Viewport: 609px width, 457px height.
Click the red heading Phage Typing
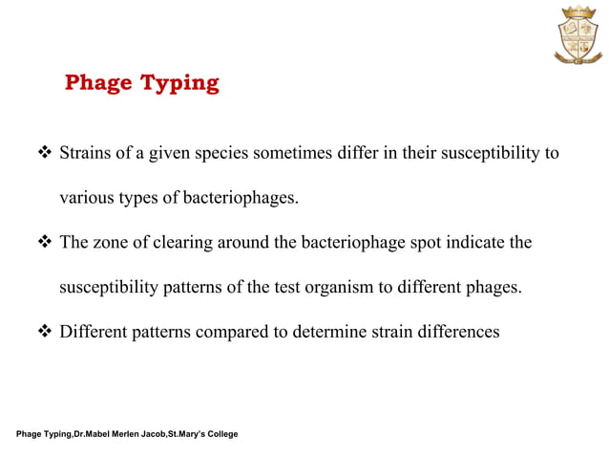141,83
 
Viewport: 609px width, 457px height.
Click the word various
87,199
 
